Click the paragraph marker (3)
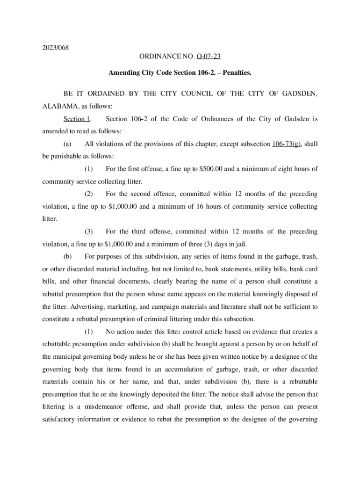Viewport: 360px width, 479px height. coord(88,232)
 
